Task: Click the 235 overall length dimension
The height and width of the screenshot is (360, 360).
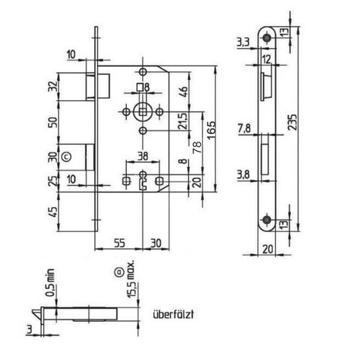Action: pyautogui.click(x=292, y=122)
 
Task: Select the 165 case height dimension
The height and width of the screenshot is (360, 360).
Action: pyautogui.click(x=211, y=130)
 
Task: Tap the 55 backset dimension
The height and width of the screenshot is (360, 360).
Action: pyautogui.click(x=120, y=243)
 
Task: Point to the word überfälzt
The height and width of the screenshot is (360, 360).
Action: pyautogui.click(x=174, y=315)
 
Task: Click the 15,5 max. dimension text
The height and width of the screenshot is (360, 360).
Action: pyautogui.click(x=131, y=279)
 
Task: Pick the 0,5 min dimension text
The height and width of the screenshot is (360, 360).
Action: pyautogui.click(x=50, y=283)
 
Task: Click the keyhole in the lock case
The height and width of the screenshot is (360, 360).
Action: pyautogui.click(x=143, y=181)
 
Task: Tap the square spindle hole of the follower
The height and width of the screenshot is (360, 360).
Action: pyautogui.click(x=143, y=112)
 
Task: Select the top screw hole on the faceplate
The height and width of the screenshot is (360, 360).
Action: pyautogui.click(x=266, y=37)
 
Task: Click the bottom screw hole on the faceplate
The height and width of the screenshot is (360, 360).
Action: pyautogui.click(x=266, y=219)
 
